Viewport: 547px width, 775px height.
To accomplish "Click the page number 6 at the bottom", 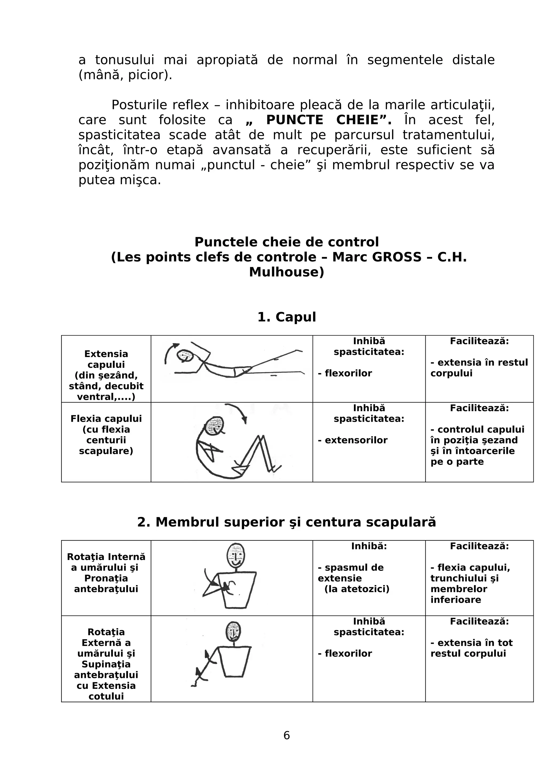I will pyautogui.click(x=287, y=735).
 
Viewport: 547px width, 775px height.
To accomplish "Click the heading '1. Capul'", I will pyautogui.click(x=287, y=317).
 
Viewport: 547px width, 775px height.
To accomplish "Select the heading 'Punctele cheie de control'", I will pyautogui.click(x=287, y=242).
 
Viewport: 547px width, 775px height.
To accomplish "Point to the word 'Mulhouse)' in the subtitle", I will pyautogui.click(x=287, y=272).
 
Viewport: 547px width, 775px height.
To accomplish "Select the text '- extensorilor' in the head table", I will pyautogui.click(x=353, y=440).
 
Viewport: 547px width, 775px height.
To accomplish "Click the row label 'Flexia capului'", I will pyautogui.click(x=106, y=419).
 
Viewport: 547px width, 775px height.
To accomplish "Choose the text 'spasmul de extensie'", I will pyautogui.click(x=350, y=573).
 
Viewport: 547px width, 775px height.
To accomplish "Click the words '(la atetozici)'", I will pyautogui.click(x=357, y=589).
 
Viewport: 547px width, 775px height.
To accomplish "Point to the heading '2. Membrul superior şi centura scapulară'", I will pyautogui.click(x=287, y=522).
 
